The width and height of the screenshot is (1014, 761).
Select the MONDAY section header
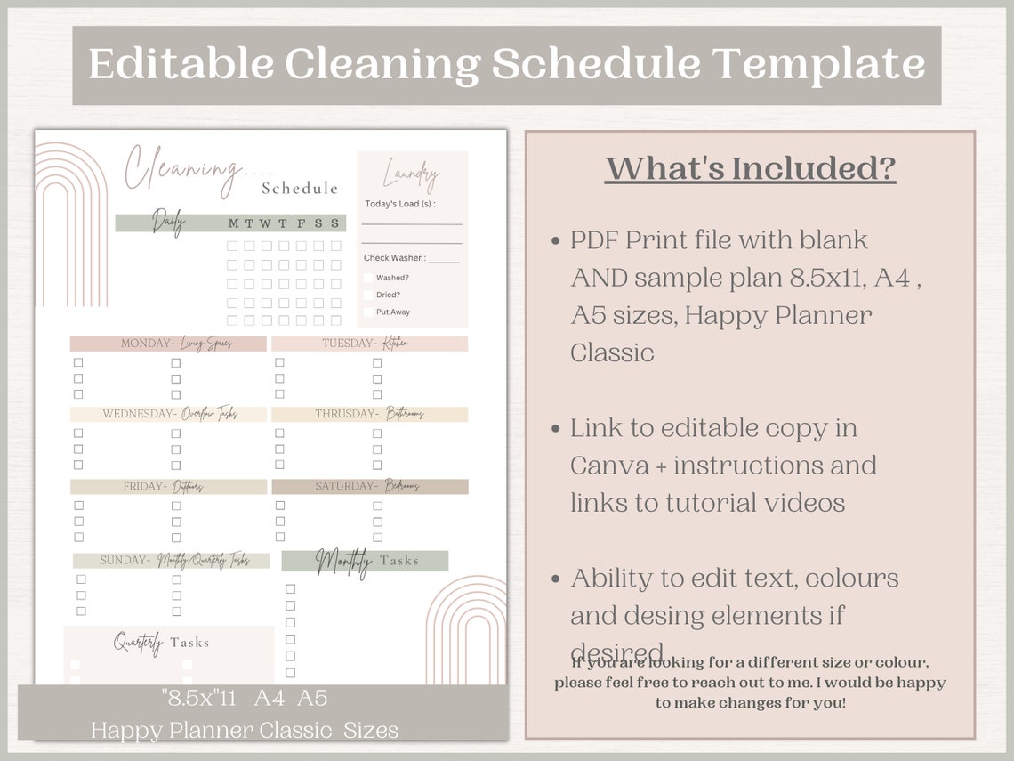point(168,344)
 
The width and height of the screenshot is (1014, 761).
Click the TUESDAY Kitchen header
point(369,344)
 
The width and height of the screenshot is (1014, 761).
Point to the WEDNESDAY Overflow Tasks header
point(168,414)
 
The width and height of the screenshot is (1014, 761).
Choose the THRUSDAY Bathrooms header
point(369,414)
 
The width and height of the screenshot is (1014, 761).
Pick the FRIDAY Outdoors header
point(168,487)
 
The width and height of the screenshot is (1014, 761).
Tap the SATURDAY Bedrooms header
point(369,487)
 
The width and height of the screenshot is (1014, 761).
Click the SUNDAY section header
point(172,561)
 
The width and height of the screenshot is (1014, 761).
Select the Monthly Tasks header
point(366,561)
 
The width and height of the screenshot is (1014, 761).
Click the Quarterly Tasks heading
point(161,643)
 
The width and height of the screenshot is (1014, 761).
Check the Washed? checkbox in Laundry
point(368,278)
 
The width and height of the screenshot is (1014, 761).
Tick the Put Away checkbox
point(368,312)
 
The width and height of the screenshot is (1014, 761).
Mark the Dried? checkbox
point(368,295)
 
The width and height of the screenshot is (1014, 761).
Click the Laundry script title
point(411,174)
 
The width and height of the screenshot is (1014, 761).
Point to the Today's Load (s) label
point(399,204)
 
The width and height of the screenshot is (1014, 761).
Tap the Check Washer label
point(394,258)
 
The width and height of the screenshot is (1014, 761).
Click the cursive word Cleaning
point(182,167)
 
